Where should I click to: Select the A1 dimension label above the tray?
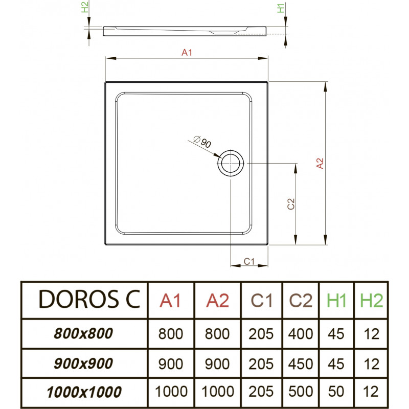[x=187, y=53]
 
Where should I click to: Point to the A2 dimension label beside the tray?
[x=320, y=164]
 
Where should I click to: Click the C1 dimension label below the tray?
[x=249, y=261]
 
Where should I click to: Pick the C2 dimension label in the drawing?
[x=291, y=204]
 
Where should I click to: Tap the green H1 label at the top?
[x=281, y=8]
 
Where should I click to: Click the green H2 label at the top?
[x=85, y=7]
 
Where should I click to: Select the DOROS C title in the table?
[x=89, y=299]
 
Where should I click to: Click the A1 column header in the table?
[x=170, y=301]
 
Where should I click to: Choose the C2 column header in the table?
[x=301, y=301]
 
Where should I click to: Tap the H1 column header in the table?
[x=336, y=301]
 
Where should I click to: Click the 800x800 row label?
[x=83, y=333]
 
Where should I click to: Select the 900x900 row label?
[x=83, y=363]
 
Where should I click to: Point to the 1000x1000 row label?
[x=84, y=392]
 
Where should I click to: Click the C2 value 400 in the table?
[x=301, y=334]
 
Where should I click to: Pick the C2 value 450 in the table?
[x=301, y=364]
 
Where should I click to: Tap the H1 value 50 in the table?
[x=336, y=391]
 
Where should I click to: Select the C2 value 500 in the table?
[x=301, y=391]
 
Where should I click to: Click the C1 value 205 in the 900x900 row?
[x=261, y=364]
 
